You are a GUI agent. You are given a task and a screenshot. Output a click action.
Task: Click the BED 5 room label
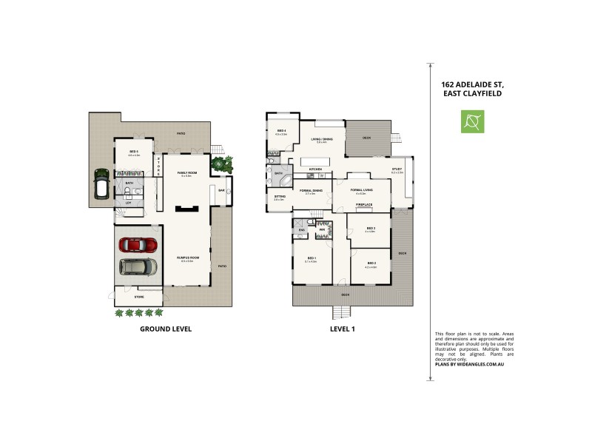point(133,152)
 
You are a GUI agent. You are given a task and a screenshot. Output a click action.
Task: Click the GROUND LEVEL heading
point(166,329)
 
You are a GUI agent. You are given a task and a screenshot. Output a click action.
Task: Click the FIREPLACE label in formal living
point(363,203)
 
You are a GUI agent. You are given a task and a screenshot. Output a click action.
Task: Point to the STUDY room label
point(397,169)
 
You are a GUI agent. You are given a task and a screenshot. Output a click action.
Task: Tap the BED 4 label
point(280,131)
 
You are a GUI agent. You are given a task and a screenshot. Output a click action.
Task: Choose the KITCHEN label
point(315,169)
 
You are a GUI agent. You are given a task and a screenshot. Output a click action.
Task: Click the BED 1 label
point(312,258)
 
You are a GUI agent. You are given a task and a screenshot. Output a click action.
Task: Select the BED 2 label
point(371,263)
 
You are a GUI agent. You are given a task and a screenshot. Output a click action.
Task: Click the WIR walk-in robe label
point(323,230)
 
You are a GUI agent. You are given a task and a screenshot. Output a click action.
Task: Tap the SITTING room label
point(279,197)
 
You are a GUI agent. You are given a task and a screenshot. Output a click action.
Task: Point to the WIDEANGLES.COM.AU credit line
point(474,365)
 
